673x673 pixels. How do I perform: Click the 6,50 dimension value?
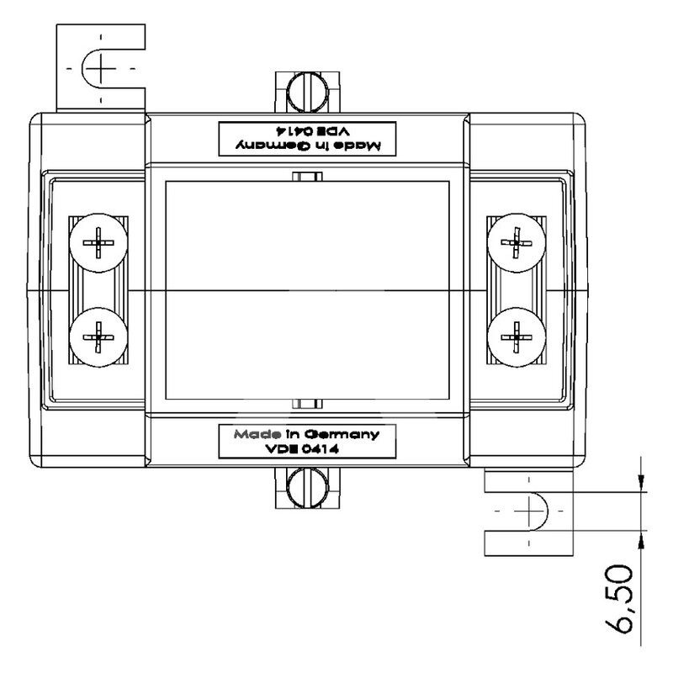coord(618,599)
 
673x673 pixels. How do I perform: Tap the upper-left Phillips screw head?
coord(98,243)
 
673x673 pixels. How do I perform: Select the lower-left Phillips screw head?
coord(98,337)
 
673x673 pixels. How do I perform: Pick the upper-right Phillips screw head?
coord(517,243)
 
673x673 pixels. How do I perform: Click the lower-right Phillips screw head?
coord(517,337)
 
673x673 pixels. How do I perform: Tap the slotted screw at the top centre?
coord(307,93)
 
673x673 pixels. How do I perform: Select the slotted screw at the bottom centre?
coord(307,488)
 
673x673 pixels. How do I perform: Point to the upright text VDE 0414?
coord(302,449)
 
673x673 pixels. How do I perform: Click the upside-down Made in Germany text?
coord(307,146)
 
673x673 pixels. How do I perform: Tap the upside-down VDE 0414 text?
coord(313,130)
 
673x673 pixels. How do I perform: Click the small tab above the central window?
coord(307,177)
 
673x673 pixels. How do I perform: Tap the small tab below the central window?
coord(307,404)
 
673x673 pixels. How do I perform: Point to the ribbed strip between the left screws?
coord(98,290)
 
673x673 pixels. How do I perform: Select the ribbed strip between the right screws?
coord(517,290)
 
